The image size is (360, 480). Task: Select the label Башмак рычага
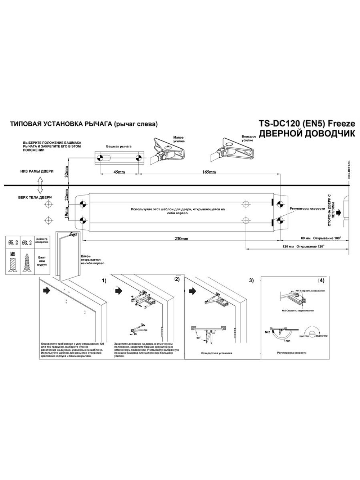(119, 147)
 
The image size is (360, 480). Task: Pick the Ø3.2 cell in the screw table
(27, 243)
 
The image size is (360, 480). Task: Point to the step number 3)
(251, 280)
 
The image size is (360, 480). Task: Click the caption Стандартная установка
(216, 353)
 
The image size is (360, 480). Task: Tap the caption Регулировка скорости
(292, 353)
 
